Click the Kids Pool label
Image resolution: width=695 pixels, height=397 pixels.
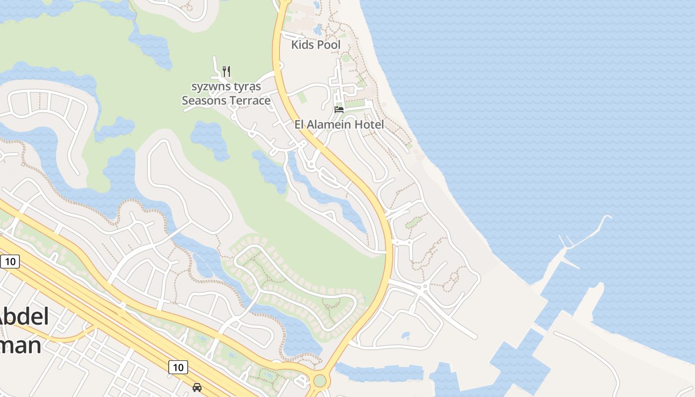(x=316, y=45)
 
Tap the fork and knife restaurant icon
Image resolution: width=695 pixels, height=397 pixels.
(x=226, y=71)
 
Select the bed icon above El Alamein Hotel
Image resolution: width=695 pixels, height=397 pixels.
(x=339, y=109)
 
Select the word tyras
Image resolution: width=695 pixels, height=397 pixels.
(x=247, y=87)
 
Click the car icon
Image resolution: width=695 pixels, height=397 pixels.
(x=197, y=387)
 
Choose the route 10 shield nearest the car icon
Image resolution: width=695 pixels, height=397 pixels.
(x=178, y=367)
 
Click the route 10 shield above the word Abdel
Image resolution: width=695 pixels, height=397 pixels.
(x=10, y=262)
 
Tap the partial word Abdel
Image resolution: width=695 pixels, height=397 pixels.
(x=25, y=317)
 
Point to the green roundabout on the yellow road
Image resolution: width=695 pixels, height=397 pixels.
(x=320, y=381)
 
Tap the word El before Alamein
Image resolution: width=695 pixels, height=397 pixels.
(x=299, y=125)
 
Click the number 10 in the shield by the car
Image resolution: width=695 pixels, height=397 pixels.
(x=178, y=367)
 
